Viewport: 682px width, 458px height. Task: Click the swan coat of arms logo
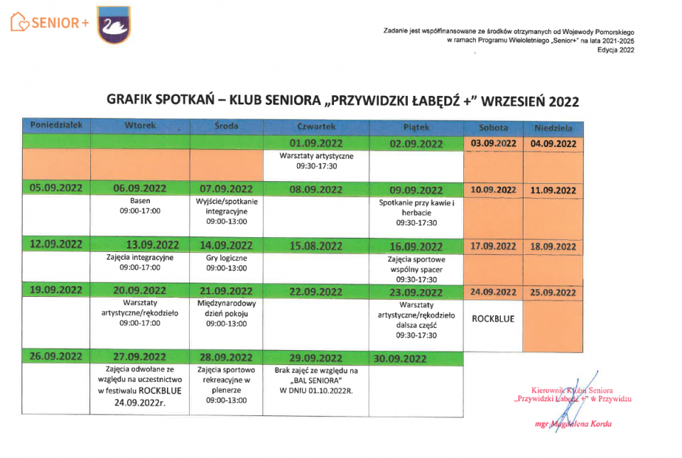114,25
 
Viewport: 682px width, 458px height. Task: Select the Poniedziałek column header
56,126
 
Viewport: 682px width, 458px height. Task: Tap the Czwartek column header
316,126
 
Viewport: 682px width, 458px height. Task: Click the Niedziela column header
553,129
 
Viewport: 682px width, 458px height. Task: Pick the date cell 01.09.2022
316,142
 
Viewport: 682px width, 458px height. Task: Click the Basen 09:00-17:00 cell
140,206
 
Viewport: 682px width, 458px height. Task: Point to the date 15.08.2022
316,246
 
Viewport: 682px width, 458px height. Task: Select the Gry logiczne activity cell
227,263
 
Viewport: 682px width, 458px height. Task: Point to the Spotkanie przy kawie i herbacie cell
416,212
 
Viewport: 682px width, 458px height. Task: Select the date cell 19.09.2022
56,290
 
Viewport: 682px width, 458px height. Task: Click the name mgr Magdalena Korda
573,424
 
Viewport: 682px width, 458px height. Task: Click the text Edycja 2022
615,50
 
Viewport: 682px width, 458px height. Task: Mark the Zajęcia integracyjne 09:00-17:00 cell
140,263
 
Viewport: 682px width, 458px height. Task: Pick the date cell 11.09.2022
553,190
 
